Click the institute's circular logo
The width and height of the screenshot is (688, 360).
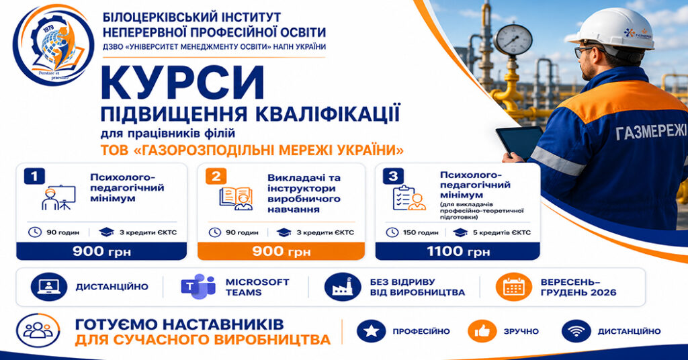pyautogui.click(x=53, y=45)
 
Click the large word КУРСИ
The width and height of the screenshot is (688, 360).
pyautogui.click(x=183, y=83)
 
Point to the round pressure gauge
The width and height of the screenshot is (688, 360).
pyautogui.click(x=513, y=40)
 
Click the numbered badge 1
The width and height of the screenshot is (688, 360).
pyautogui.click(x=34, y=176)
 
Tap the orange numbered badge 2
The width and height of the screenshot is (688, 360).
pyautogui.click(x=216, y=176)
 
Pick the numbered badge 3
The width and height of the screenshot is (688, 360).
pyautogui.click(x=393, y=176)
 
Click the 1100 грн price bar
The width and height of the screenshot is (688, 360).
pyautogui.click(x=458, y=251)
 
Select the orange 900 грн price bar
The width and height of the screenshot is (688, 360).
pyautogui.click(x=281, y=251)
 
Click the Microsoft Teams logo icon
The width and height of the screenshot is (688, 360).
pyautogui.click(x=198, y=286)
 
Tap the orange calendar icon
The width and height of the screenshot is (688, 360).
pyautogui.click(x=514, y=287)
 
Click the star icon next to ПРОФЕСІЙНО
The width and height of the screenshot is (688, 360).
pyautogui.click(x=371, y=331)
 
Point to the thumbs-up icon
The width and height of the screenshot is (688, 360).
pyautogui.click(x=482, y=331)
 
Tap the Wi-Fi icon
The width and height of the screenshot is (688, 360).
pyautogui.click(x=576, y=331)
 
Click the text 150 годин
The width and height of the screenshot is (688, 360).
pyautogui.click(x=421, y=232)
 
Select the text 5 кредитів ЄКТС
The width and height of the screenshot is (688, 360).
pyautogui.click(x=501, y=232)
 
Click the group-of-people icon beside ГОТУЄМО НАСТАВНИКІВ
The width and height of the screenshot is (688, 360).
pyautogui.click(x=38, y=330)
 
